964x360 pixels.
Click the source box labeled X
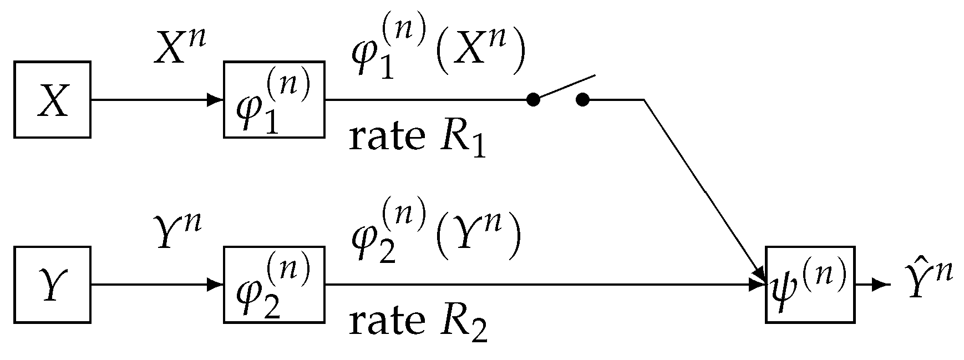click(52, 100)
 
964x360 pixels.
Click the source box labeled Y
click(52, 285)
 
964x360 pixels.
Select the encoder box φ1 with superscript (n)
click(274, 100)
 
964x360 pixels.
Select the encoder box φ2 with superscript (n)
click(274, 285)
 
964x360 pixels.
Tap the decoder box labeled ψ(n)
click(810, 285)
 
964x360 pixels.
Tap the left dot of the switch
click(532, 100)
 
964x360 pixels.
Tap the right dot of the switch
click(582, 100)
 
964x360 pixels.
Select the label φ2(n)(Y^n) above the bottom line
click(436, 237)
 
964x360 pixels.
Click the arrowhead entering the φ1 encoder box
click(215, 100)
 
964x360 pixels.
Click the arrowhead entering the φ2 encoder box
click(215, 285)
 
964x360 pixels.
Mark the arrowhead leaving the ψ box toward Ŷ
click(879, 285)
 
